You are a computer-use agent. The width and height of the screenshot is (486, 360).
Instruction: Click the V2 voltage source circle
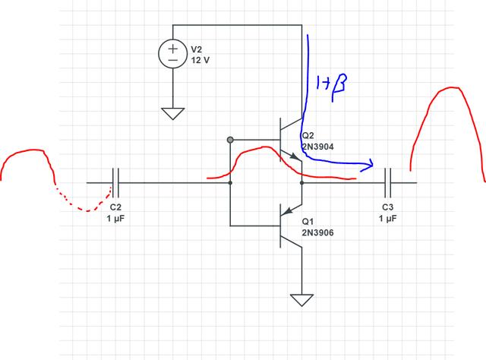click(x=173, y=53)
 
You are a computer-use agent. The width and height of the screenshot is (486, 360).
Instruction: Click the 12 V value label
click(x=201, y=59)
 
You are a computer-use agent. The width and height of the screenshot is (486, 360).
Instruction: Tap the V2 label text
click(x=197, y=48)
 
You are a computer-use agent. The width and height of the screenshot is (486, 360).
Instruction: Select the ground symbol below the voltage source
click(x=173, y=113)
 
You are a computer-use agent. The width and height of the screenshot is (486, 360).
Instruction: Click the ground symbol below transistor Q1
click(x=302, y=298)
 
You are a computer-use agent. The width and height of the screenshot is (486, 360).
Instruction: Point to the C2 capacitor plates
click(x=115, y=183)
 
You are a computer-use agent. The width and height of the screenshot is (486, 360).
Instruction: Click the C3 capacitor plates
click(x=387, y=183)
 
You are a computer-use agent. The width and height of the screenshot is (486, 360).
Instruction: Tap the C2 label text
click(x=115, y=207)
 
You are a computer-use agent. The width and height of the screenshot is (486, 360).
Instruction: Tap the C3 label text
click(x=387, y=207)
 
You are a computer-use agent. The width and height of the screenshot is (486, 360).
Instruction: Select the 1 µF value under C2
click(x=115, y=218)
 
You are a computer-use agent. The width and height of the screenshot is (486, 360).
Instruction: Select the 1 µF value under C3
click(x=387, y=218)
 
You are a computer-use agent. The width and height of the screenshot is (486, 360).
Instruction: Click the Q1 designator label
click(x=308, y=222)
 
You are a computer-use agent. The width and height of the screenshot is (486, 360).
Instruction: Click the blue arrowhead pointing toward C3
click(x=371, y=163)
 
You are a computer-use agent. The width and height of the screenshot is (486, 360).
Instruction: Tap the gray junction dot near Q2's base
click(x=229, y=140)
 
